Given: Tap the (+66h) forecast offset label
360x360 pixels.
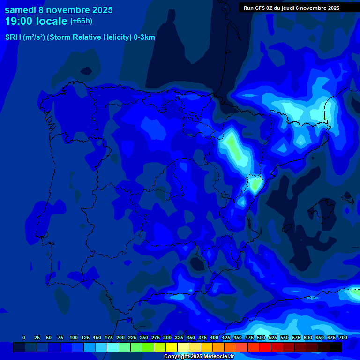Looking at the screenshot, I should pyautogui.click(x=81, y=21).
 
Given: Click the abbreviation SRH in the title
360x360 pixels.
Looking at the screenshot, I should pyautogui.click(x=13, y=37).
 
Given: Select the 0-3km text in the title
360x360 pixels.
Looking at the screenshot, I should pyautogui.click(x=144, y=37).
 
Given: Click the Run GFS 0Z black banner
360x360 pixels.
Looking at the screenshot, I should pyautogui.click(x=291, y=7).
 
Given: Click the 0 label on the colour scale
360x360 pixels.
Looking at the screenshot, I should pyautogui.click(x=24, y=337).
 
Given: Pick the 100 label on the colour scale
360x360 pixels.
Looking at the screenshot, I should pyautogui.click(x=74, y=337).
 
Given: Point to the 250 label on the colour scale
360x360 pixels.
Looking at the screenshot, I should pyautogui.click(x=144, y=337).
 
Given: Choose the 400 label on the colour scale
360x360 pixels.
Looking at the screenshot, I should pyautogui.click(x=214, y=337).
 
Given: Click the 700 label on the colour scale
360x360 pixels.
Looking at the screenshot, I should pyautogui.click(x=343, y=337).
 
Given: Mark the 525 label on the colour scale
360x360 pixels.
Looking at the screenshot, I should pyautogui.click(x=273, y=337).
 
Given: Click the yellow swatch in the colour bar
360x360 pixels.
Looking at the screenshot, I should pyautogui.click(x=172, y=347).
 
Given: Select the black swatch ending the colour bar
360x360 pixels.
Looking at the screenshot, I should pyautogui.click(x=336, y=347).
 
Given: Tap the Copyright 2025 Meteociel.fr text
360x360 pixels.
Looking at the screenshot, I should pyautogui.click(x=199, y=357).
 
